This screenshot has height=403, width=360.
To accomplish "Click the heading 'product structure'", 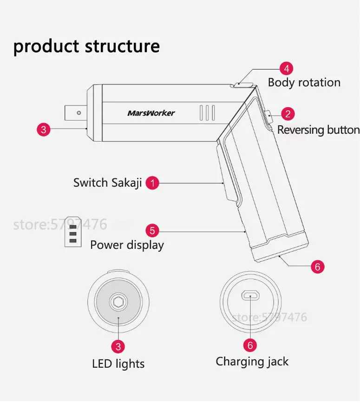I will (x=86, y=46).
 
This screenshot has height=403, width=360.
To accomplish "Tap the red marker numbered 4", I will (x=286, y=69).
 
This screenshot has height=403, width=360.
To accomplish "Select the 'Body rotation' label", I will (x=304, y=83).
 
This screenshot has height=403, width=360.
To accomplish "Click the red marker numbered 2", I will (x=288, y=114).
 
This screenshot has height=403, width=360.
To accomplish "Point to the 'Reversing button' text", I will (x=318, y=130).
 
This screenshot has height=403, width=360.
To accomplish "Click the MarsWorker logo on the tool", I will (x=151, y=113).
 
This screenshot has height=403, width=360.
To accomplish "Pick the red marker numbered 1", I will (x=152, y=183).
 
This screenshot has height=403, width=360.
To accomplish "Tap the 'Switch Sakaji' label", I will (x=107, y=182).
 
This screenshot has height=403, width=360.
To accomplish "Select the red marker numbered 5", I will (x=152, y=230).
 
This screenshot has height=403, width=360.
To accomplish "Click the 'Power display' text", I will (x=127, y=245).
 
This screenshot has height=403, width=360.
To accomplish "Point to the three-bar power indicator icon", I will (x=73, y=233).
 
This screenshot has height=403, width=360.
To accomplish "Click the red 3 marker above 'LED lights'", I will (x=118, y=346).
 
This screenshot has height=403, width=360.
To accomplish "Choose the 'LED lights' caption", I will (x=118, y=364).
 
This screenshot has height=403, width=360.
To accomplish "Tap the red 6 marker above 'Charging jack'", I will (x=250, y=345).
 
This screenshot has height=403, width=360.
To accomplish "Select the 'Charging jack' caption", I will (x=252, y=362).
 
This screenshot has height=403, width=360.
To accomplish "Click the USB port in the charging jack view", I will (x=250, y=295).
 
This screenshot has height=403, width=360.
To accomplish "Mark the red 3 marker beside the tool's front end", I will (x=43, y=130).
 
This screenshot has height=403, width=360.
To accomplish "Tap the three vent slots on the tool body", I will (x=207, y=113).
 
